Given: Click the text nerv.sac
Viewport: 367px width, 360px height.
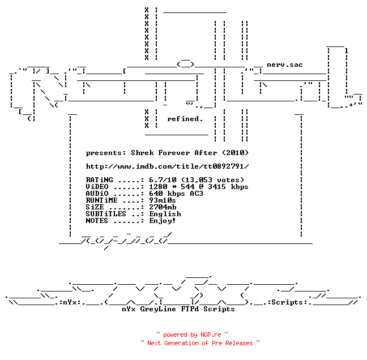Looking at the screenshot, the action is click(285, 65).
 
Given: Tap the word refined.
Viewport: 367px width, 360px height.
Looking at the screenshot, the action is click(185, 119).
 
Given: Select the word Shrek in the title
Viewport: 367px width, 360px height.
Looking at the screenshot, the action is click(142, 153).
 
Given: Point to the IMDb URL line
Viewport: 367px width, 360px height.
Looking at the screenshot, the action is click(167, 166).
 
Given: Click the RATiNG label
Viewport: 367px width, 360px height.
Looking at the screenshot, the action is click(100, 180).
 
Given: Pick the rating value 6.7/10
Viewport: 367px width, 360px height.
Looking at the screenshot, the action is click(163, 180).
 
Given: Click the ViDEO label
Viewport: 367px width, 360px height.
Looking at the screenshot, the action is click(97, 187).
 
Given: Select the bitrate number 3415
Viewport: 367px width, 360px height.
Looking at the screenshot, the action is click(217, 187).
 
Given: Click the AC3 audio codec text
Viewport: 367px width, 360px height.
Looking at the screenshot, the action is click(197, 194).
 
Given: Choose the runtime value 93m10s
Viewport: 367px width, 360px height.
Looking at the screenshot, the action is click(163, 200).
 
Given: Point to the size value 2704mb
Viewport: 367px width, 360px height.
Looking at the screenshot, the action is click(163, 207).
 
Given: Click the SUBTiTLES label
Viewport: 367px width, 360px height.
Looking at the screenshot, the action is click(106, 214).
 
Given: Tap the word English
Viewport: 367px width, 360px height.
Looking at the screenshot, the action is click(165, 214).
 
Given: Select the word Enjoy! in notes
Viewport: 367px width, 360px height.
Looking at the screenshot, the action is click(163, 221).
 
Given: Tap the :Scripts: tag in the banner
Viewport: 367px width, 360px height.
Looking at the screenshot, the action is click(288, 302).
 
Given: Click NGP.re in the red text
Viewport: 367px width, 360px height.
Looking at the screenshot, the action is click(211, 335).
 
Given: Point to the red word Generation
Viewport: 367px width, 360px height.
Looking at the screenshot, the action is click(181, 343).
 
